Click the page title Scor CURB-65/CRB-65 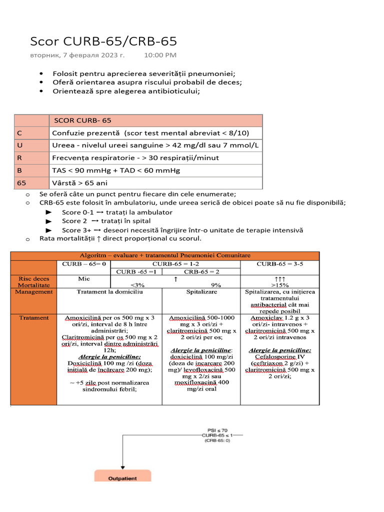pos(103,41)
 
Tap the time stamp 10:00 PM pos(160,55)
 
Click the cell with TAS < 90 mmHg pos(115,170)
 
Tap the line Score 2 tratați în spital pos(106,221)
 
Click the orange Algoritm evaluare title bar pos(165,255)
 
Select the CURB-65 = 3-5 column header pos(279,263)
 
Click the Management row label pos(33,291)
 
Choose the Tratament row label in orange pos(33,317)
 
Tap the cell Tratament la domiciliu pos(109,291)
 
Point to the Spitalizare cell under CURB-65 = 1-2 pos(201,291)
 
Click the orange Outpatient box pos(122,478)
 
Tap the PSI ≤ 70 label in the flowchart pos(217,429)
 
